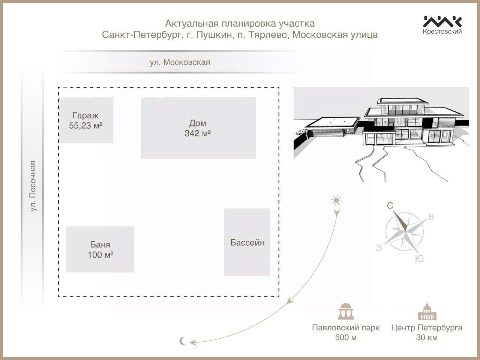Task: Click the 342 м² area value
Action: pyautogui.click(x=198, y=133)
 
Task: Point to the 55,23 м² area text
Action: pyautogui.click(x=86, y=126)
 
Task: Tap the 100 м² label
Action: pyautogui.click(x=100, y=255)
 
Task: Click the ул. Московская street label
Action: pyautogui.click(x=180, y=62)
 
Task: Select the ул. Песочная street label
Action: pyautogui.click(x=34, y=186)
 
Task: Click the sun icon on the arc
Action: pyautogui.click(x=336, y=200)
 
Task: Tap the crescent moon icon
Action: pyautogui.click(x=183, y=340)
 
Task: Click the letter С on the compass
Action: pyautogui.click(x=390, y=206)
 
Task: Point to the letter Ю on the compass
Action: pyautogui.click(x=420, y=258)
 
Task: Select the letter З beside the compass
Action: pyautogui.click(x=379, y=248)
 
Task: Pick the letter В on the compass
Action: pyautogui.click(x=431, y=217)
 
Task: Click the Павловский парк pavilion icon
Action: pyautogui.click(x=345, y=311)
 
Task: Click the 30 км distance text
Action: pyautogui.click(x=427, y=337)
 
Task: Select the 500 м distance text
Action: pyautogui.click(x=346, y=337)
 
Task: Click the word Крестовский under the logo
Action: pyautogui.click(x=442, y=31)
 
